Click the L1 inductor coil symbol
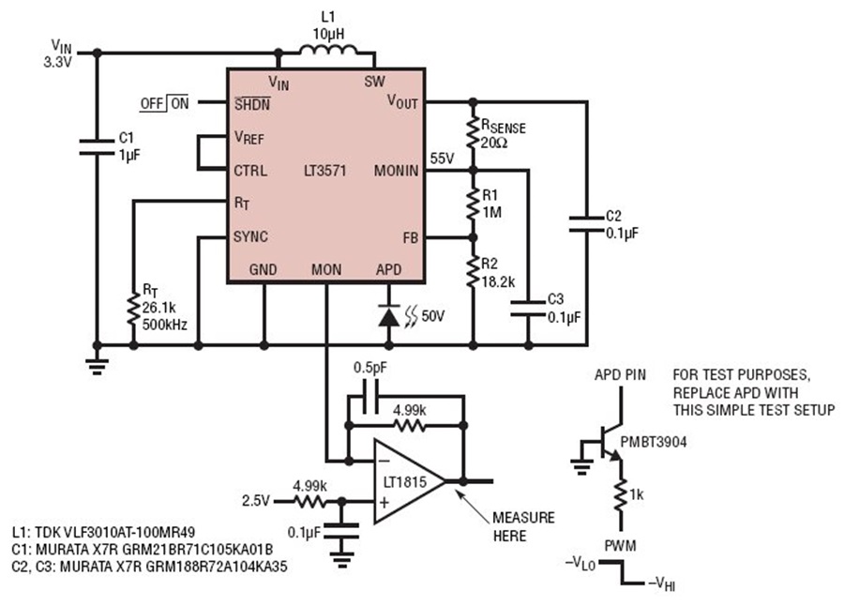click(328, 50)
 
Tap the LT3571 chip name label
click(325, 171)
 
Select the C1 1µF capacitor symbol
click(97, 147)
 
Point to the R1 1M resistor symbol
click(473, 204)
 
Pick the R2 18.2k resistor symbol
click(473, 272)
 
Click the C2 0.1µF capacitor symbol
click(587, 224)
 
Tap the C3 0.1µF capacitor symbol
click(528, 308)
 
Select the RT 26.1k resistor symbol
click(133, 309)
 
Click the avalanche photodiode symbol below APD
click(388, 315)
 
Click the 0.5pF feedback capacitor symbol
click(370, 397)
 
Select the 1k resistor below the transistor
click(621, 495)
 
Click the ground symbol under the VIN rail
click(97, 366)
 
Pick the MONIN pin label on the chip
click(396, 171)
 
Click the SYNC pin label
click(250, 236)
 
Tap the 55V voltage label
click(442, 159)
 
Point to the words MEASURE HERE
click(523, 527)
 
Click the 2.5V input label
click(256, 501)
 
